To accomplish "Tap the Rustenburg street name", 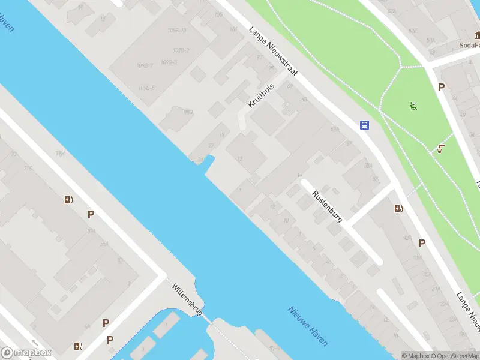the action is (327, 206).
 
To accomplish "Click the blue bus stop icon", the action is (364, 125).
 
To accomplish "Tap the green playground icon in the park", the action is (412, 107).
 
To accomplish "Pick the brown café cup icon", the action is (442, 149).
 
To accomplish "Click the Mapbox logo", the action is (26, 353).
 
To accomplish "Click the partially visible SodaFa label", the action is (469, 45).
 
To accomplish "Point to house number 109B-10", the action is (176, 31).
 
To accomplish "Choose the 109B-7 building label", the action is (145, 65).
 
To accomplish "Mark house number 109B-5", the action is (146, 88).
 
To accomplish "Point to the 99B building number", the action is (188, 112).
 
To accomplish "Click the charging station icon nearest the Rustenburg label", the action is (398, 209).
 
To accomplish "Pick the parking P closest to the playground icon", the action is (441, 88).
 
